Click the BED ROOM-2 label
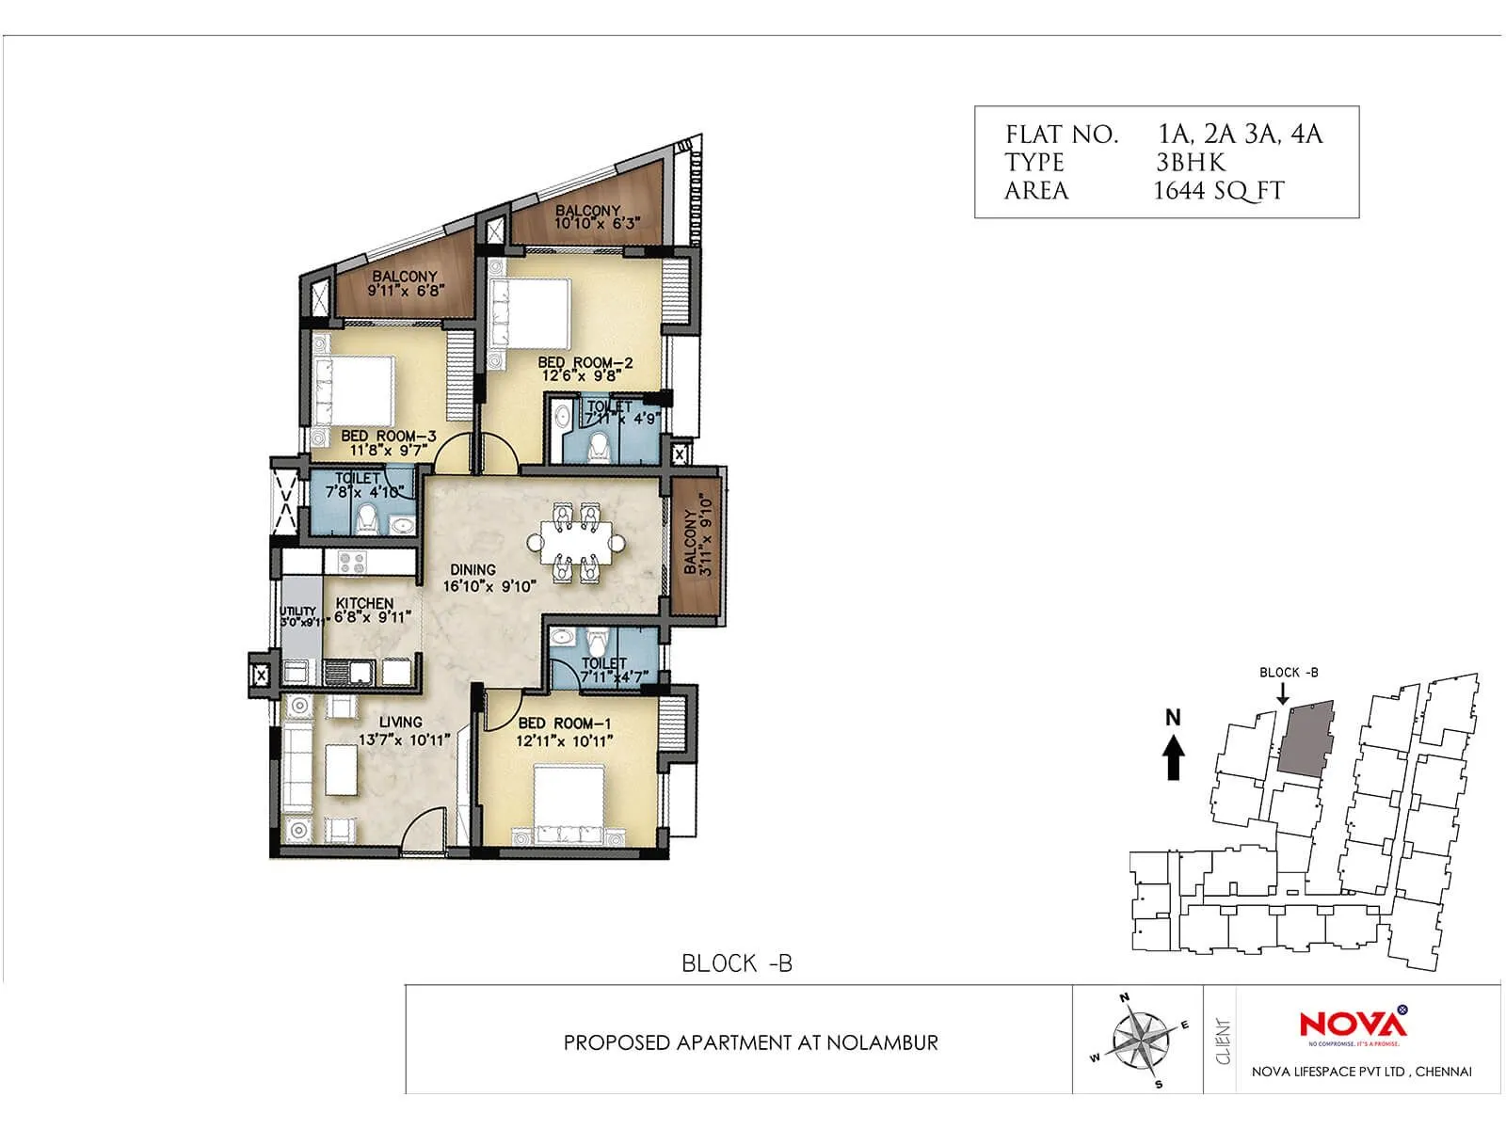(585, 362)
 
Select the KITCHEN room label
(364, 603)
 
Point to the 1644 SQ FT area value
(1218, 191)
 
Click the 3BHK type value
(1191, 163)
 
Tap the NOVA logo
(1353, 1024)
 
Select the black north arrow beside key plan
(1173, 757)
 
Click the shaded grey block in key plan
(1306, 739)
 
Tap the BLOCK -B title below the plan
(737, 963)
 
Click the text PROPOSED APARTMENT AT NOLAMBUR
(750, 1042)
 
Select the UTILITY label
(298, 612)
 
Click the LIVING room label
(400, 722)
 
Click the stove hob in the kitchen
(351, 563)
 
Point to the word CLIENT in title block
(1224, 1042)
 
